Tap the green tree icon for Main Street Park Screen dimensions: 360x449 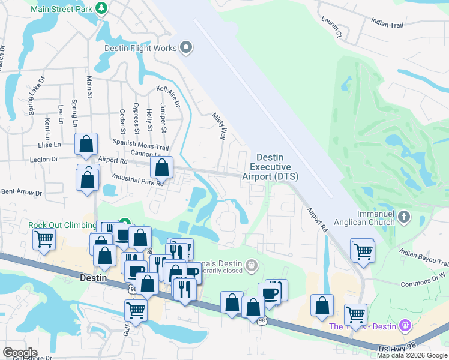pos(101,7)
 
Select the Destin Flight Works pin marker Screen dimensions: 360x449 pos(186,48)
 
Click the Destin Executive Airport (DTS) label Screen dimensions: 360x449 pos(270,167)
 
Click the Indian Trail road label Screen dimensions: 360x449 pos(388,22)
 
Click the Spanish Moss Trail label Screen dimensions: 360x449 pos(141,146)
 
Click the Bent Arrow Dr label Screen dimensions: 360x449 pos(22,193)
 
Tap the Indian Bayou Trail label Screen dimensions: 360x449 pos(423,259)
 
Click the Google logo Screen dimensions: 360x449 pos(20,352)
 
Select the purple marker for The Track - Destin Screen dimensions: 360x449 pos(405,325)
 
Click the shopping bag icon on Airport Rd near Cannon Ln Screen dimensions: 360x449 pos(161,167)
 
